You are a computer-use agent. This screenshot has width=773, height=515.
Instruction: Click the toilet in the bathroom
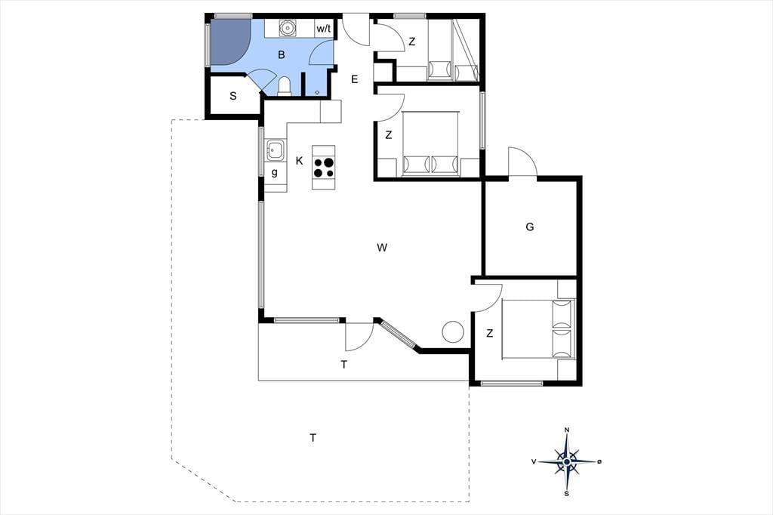(285, 86)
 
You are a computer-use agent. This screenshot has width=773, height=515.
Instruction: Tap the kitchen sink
(275, 150)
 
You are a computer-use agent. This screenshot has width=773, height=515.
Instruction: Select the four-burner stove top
(323, 167)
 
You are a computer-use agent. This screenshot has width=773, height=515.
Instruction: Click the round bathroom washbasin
(287, 28)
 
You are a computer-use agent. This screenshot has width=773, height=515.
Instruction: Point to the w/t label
(323, 29)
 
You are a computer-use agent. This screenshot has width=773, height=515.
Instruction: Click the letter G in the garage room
(530, 227)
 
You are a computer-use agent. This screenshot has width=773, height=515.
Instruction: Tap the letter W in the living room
(382, 248)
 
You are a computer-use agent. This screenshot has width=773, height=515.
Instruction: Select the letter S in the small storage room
(233, 96)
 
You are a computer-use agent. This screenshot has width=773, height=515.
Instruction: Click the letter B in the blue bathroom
(282, 55)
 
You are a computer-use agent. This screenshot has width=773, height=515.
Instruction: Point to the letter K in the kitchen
(299, 161)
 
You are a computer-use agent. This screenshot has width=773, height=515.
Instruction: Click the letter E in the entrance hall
(355, 79)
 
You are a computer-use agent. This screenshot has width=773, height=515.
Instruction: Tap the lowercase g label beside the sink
(275, 173)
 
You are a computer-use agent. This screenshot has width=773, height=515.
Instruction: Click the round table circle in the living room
(453, 332)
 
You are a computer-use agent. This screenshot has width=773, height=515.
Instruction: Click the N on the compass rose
(567, 430)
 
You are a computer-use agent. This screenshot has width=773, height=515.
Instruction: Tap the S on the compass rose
(567, 493)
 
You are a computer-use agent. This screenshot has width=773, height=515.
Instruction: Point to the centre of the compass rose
(567, 461)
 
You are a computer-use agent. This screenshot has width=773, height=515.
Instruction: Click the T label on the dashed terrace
(313, 437)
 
